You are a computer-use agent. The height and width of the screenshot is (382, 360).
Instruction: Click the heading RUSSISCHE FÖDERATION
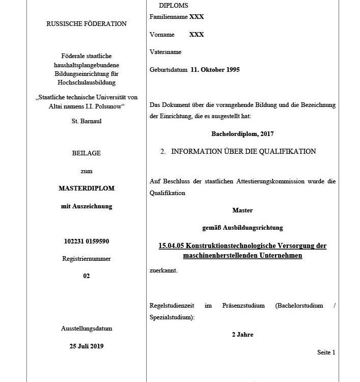point(87,23)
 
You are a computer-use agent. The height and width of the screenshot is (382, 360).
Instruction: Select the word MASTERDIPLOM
point(87,188)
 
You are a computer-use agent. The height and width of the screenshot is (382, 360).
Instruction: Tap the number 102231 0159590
point(87,241)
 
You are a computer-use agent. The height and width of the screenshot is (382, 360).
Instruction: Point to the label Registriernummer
point(87,259)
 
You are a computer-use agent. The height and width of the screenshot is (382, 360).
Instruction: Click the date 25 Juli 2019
point(87,346)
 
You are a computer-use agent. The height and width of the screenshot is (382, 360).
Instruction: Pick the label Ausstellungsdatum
point(87,329)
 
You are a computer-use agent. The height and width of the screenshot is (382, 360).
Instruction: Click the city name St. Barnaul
point(87,121)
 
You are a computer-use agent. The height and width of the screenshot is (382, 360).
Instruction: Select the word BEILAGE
point(87,153)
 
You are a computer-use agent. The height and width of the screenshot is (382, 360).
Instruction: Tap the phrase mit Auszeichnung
point(87,206)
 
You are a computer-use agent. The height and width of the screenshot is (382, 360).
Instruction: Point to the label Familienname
point(169,17)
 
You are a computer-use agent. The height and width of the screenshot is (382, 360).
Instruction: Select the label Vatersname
point(165,52)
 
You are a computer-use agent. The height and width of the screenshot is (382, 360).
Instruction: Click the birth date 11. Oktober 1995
point(215,70)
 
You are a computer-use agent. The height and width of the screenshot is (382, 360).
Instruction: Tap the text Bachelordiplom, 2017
point(242,134)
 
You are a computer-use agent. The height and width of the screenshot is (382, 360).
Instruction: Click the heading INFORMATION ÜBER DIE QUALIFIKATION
point(243,151)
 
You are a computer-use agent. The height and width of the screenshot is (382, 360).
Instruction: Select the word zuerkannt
point(163,270)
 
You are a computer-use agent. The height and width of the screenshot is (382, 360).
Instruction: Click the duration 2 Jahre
point(242,335)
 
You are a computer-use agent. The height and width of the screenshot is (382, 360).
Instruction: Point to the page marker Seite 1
point(326,352)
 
